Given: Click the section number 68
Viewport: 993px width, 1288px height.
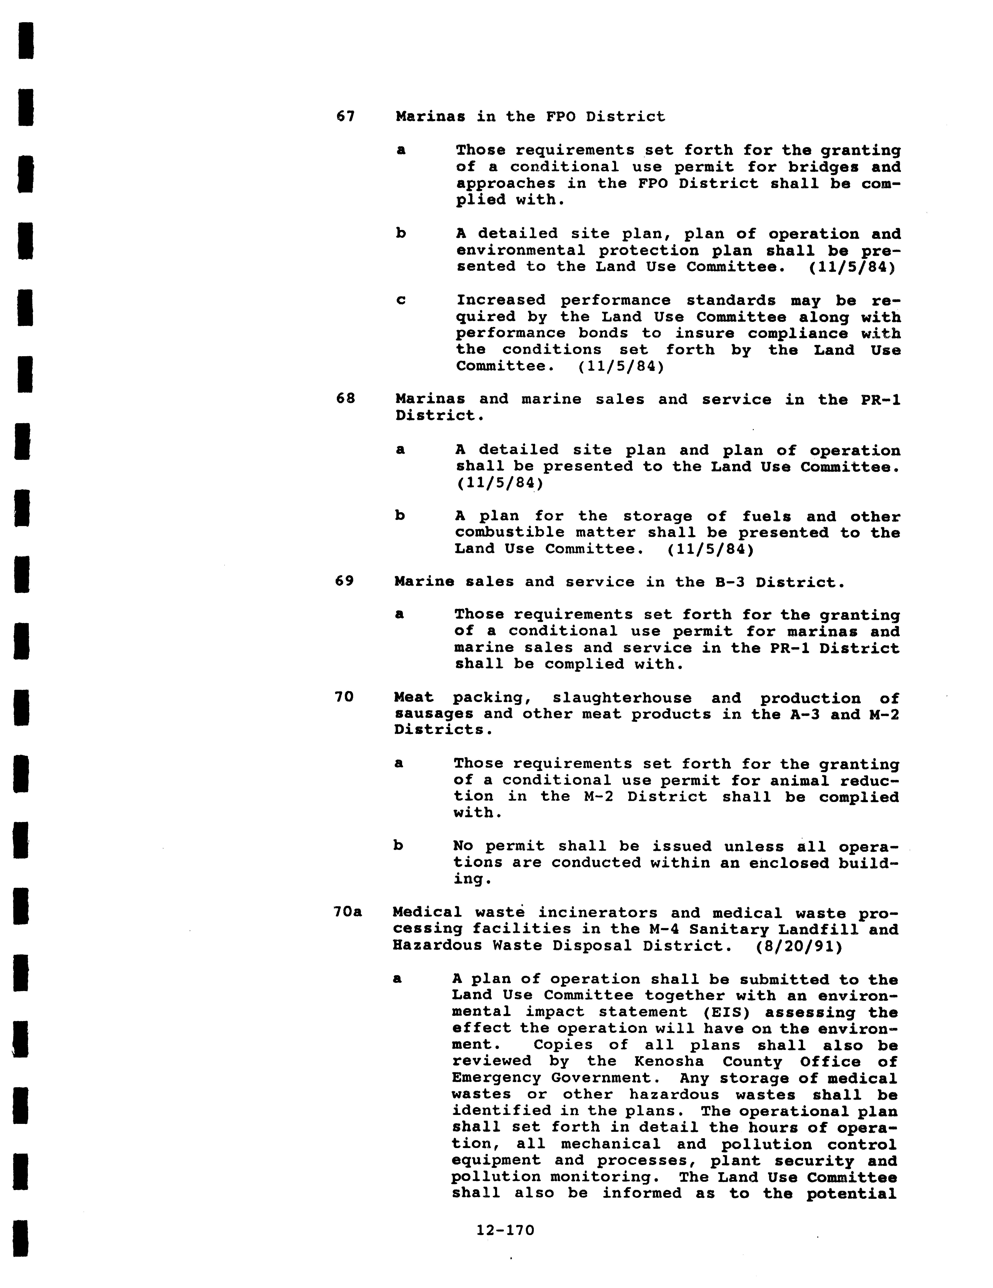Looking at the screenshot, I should point(345,399).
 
